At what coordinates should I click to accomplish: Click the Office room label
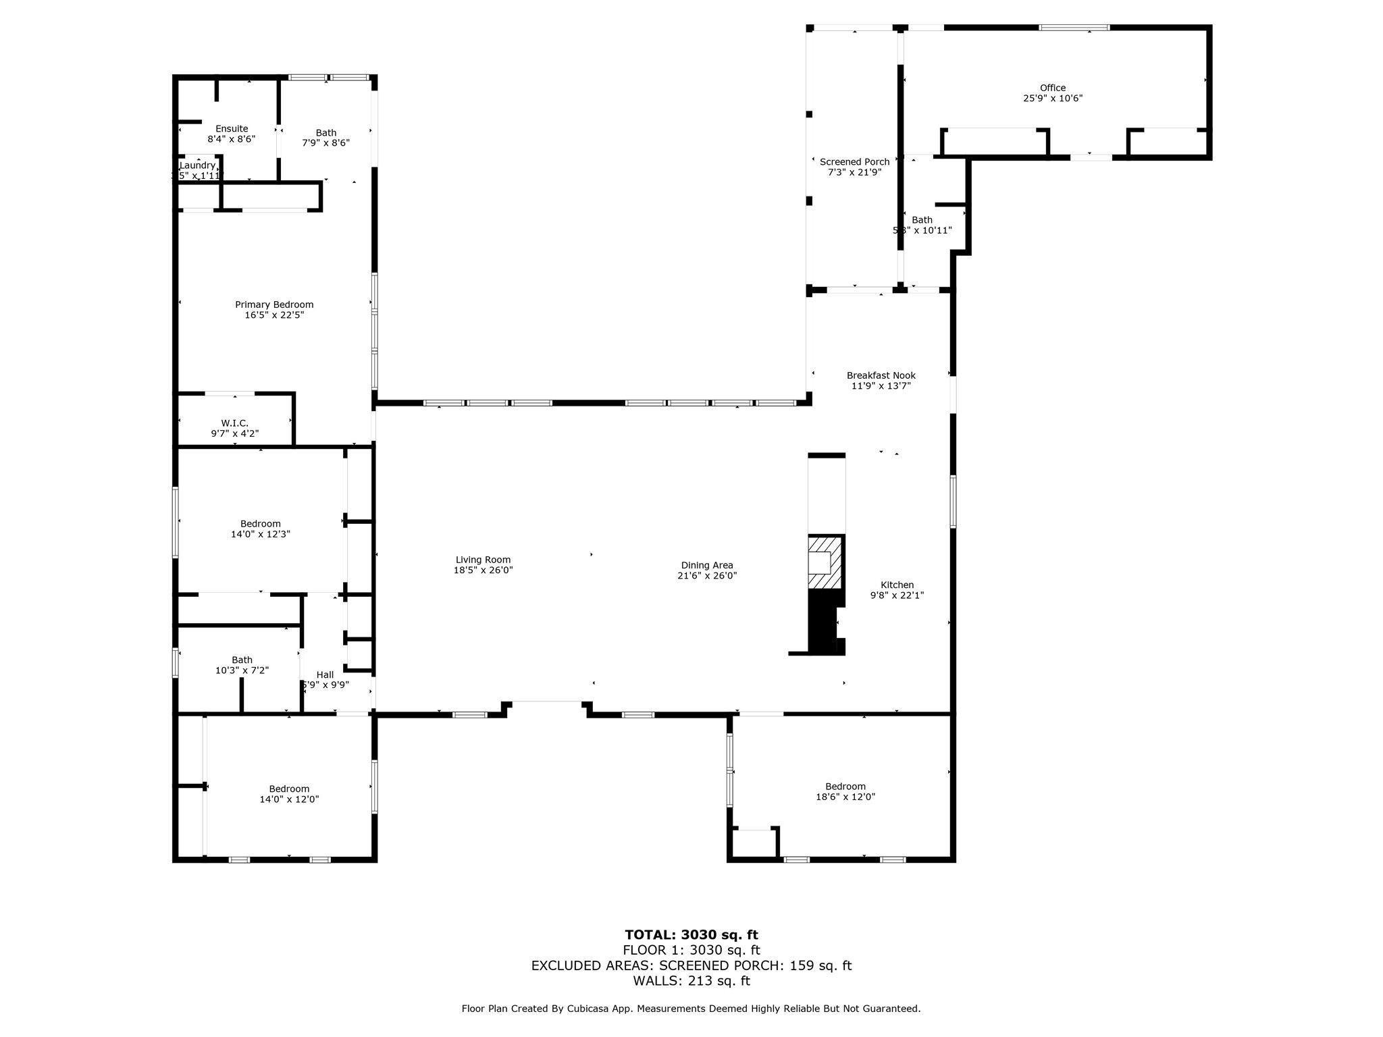pyautogui.click(x=1052, y=88)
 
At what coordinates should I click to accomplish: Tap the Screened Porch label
pyautogui.click(x=854, y=162)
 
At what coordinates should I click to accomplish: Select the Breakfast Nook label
pyautogui.click(x=881, y=375)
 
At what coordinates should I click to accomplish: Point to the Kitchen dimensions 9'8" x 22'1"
pyautogui.click(x=897, y=595)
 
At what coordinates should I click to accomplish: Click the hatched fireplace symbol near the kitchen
pyautogui.click(x=825, y=562)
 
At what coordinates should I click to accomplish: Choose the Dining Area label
pyautogui.click(x=706, y=566)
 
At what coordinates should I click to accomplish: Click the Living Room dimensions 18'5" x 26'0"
pyautogui.click(x=483, y=570)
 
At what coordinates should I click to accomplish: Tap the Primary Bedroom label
pyautogui.click(x=274, y=304)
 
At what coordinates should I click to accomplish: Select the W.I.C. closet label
pyautogui.click(x=234, y=423)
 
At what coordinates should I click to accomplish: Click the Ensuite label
pyautogui.click(x=232, y=129)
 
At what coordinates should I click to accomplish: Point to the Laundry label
pyautogui.click(x=197, y=165)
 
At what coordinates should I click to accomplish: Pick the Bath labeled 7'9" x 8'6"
pyautogui.click(x=325, y=138)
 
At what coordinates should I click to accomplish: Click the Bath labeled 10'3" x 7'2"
pyautogui.click(x=242, y=665)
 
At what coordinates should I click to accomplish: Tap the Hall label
pyautogui.click(x=325, y=674)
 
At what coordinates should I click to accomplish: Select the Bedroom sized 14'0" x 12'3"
pyautogui.click(x=260, y=529)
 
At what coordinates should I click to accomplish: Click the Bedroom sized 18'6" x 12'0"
pyautogui.click(x=845, y=791)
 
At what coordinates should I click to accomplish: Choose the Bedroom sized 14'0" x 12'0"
pyautogui.click(x=289, y=794)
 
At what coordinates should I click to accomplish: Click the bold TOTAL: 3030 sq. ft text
pyautogui.click(x=691, y=935)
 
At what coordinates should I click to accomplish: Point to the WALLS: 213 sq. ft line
pyautogui.click(x=691, y=981)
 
